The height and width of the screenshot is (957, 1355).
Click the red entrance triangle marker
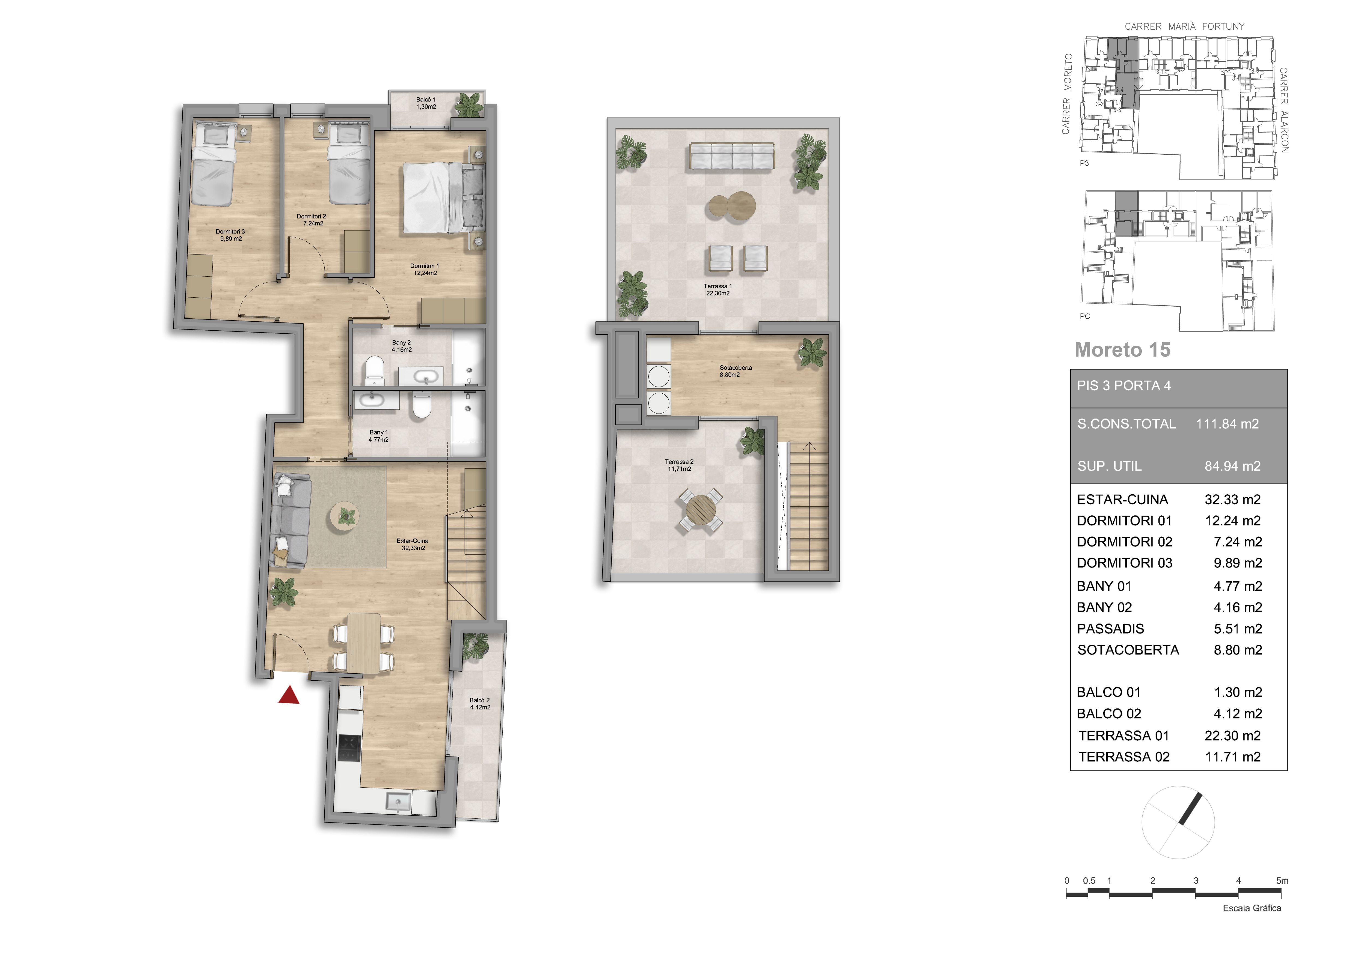(289, 696)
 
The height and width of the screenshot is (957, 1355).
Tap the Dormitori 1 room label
(425, 270)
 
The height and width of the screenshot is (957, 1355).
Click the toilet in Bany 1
(421, 406)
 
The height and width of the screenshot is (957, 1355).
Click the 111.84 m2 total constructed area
(1227, 424)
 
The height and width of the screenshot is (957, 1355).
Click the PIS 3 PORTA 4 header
(1124, 386)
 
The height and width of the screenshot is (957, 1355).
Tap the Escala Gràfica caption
(1252, 908)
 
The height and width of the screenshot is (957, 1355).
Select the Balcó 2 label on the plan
(480, 704)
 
